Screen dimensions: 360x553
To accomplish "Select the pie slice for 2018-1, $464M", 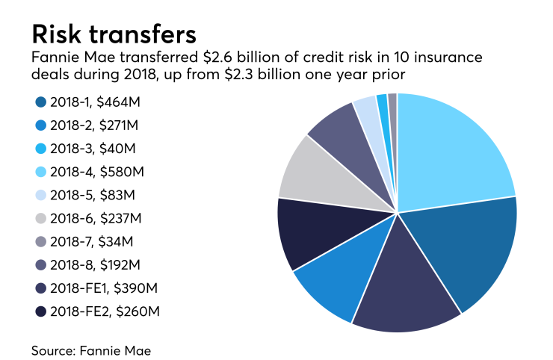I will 467,250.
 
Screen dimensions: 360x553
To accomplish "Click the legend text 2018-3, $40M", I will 93,149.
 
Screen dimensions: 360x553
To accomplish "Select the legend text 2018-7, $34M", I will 93,242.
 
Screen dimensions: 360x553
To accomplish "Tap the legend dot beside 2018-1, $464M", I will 38,103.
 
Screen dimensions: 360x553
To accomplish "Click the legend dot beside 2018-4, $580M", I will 38,173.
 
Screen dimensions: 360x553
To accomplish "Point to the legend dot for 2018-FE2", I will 38,311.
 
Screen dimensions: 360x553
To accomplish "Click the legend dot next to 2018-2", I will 38,126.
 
